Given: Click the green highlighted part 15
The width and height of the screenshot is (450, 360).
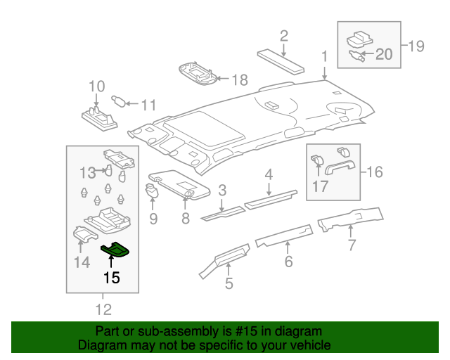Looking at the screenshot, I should point(116,249).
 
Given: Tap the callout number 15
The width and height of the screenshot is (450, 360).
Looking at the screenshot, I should point(111,278).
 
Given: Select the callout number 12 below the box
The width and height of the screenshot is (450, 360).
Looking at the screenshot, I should point(103,309).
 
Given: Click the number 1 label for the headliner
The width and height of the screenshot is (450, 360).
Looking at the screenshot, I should point(324,56).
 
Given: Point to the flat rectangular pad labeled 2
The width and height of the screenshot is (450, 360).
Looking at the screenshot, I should point(282,60).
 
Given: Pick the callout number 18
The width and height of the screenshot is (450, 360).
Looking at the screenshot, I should point(240,79).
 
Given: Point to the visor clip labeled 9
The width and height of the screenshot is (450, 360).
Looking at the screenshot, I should point(153,189).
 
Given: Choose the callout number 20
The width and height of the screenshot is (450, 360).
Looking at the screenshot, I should point(384,53).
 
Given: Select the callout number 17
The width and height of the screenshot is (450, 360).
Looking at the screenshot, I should point(321,186).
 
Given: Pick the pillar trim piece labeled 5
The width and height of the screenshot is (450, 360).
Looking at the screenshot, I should point(224,256).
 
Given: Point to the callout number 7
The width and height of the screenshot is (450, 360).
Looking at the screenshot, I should point(352,245).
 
